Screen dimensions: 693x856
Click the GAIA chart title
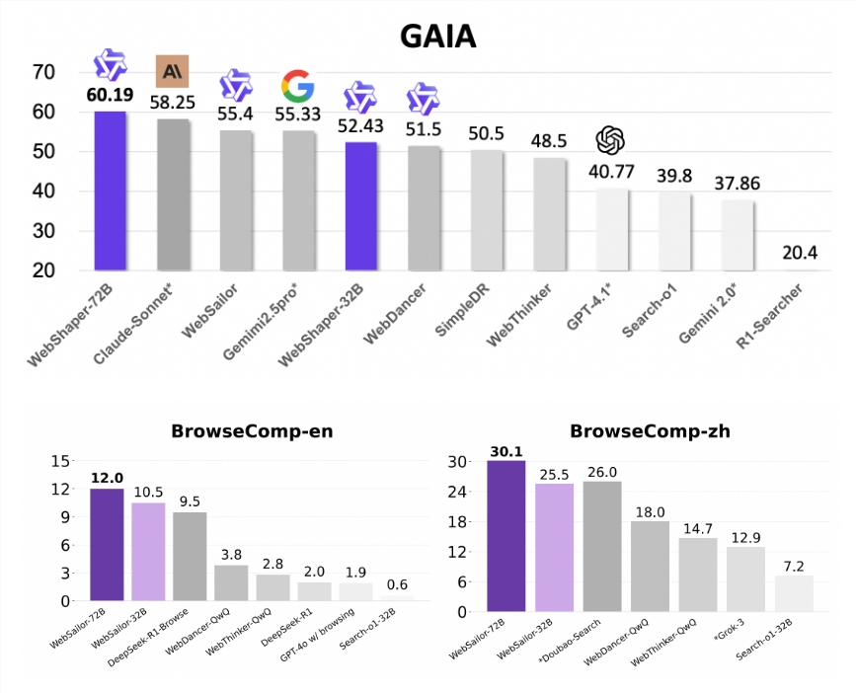[x=437, y=36]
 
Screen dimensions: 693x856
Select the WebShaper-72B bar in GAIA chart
[x=110, y=191]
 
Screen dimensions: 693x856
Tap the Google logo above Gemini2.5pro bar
[x=298, y=87]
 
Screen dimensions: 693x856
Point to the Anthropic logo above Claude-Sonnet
[x=173, y=71]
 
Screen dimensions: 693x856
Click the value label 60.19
[x=110, y=97]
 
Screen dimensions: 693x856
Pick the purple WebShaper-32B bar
[x=360, y=206]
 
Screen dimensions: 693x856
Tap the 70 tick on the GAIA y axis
[x=42, y=72]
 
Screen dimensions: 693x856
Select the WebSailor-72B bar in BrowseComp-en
[x=107, y=544]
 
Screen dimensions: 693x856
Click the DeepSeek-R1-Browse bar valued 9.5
[x=190, y=556]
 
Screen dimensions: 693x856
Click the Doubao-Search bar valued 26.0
[x=602, y=546]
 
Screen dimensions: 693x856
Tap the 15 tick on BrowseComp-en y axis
[x=61, y=461]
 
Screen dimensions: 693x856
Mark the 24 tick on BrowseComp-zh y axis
[x=459, y=492]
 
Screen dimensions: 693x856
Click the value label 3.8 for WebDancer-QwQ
[x=232, y=555]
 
